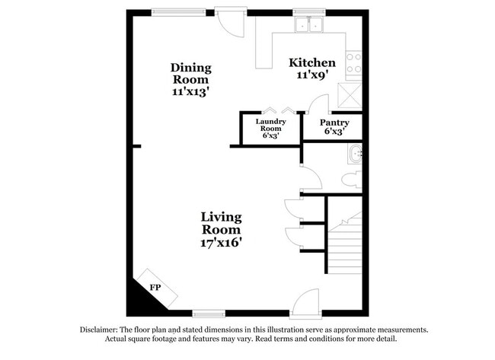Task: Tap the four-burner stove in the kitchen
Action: (x=354, y=63)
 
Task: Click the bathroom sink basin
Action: (x=355, y=155)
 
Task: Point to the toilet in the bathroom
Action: (x=353, y=180)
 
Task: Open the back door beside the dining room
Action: (x=227, y=21)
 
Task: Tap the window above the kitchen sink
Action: (x=308, y=11)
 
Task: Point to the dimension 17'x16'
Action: (x=221, y=243)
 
